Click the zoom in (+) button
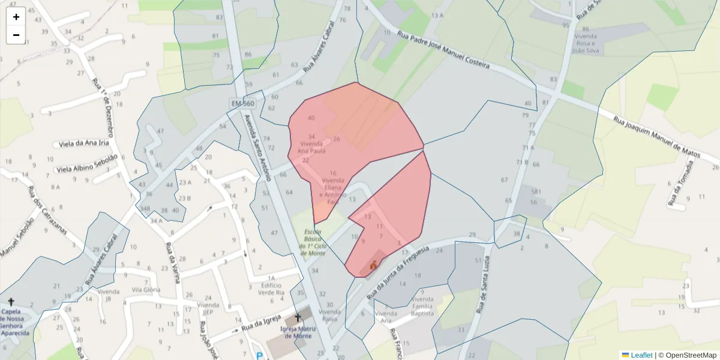point(16,17)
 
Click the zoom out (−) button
point(16,35)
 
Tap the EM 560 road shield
point(242,104)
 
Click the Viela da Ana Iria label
point(84,144)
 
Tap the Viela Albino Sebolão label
point(87,165)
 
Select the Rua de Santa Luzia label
point(483,285)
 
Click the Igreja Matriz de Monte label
point(297,332)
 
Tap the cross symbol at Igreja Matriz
point(297,316)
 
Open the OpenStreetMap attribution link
point(687,355)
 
